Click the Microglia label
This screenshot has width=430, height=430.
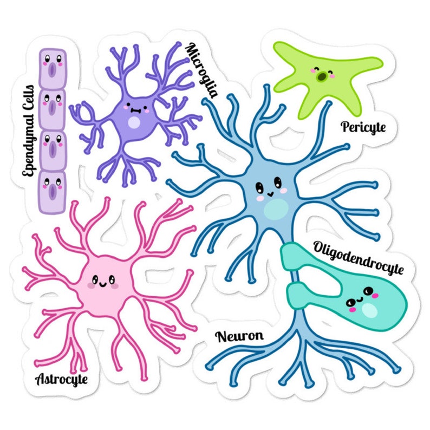click(201, 70)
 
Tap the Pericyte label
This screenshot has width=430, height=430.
click(363, 127)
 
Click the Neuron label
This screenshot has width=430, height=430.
click(239, 336)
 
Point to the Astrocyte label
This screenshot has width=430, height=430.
click(61, 379)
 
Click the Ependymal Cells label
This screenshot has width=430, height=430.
click(28, 130)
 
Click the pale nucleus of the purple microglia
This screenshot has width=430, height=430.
click(133, 122)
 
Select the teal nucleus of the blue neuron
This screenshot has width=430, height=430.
click(277, 208)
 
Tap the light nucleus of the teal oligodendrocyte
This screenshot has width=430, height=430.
click(370, 310)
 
